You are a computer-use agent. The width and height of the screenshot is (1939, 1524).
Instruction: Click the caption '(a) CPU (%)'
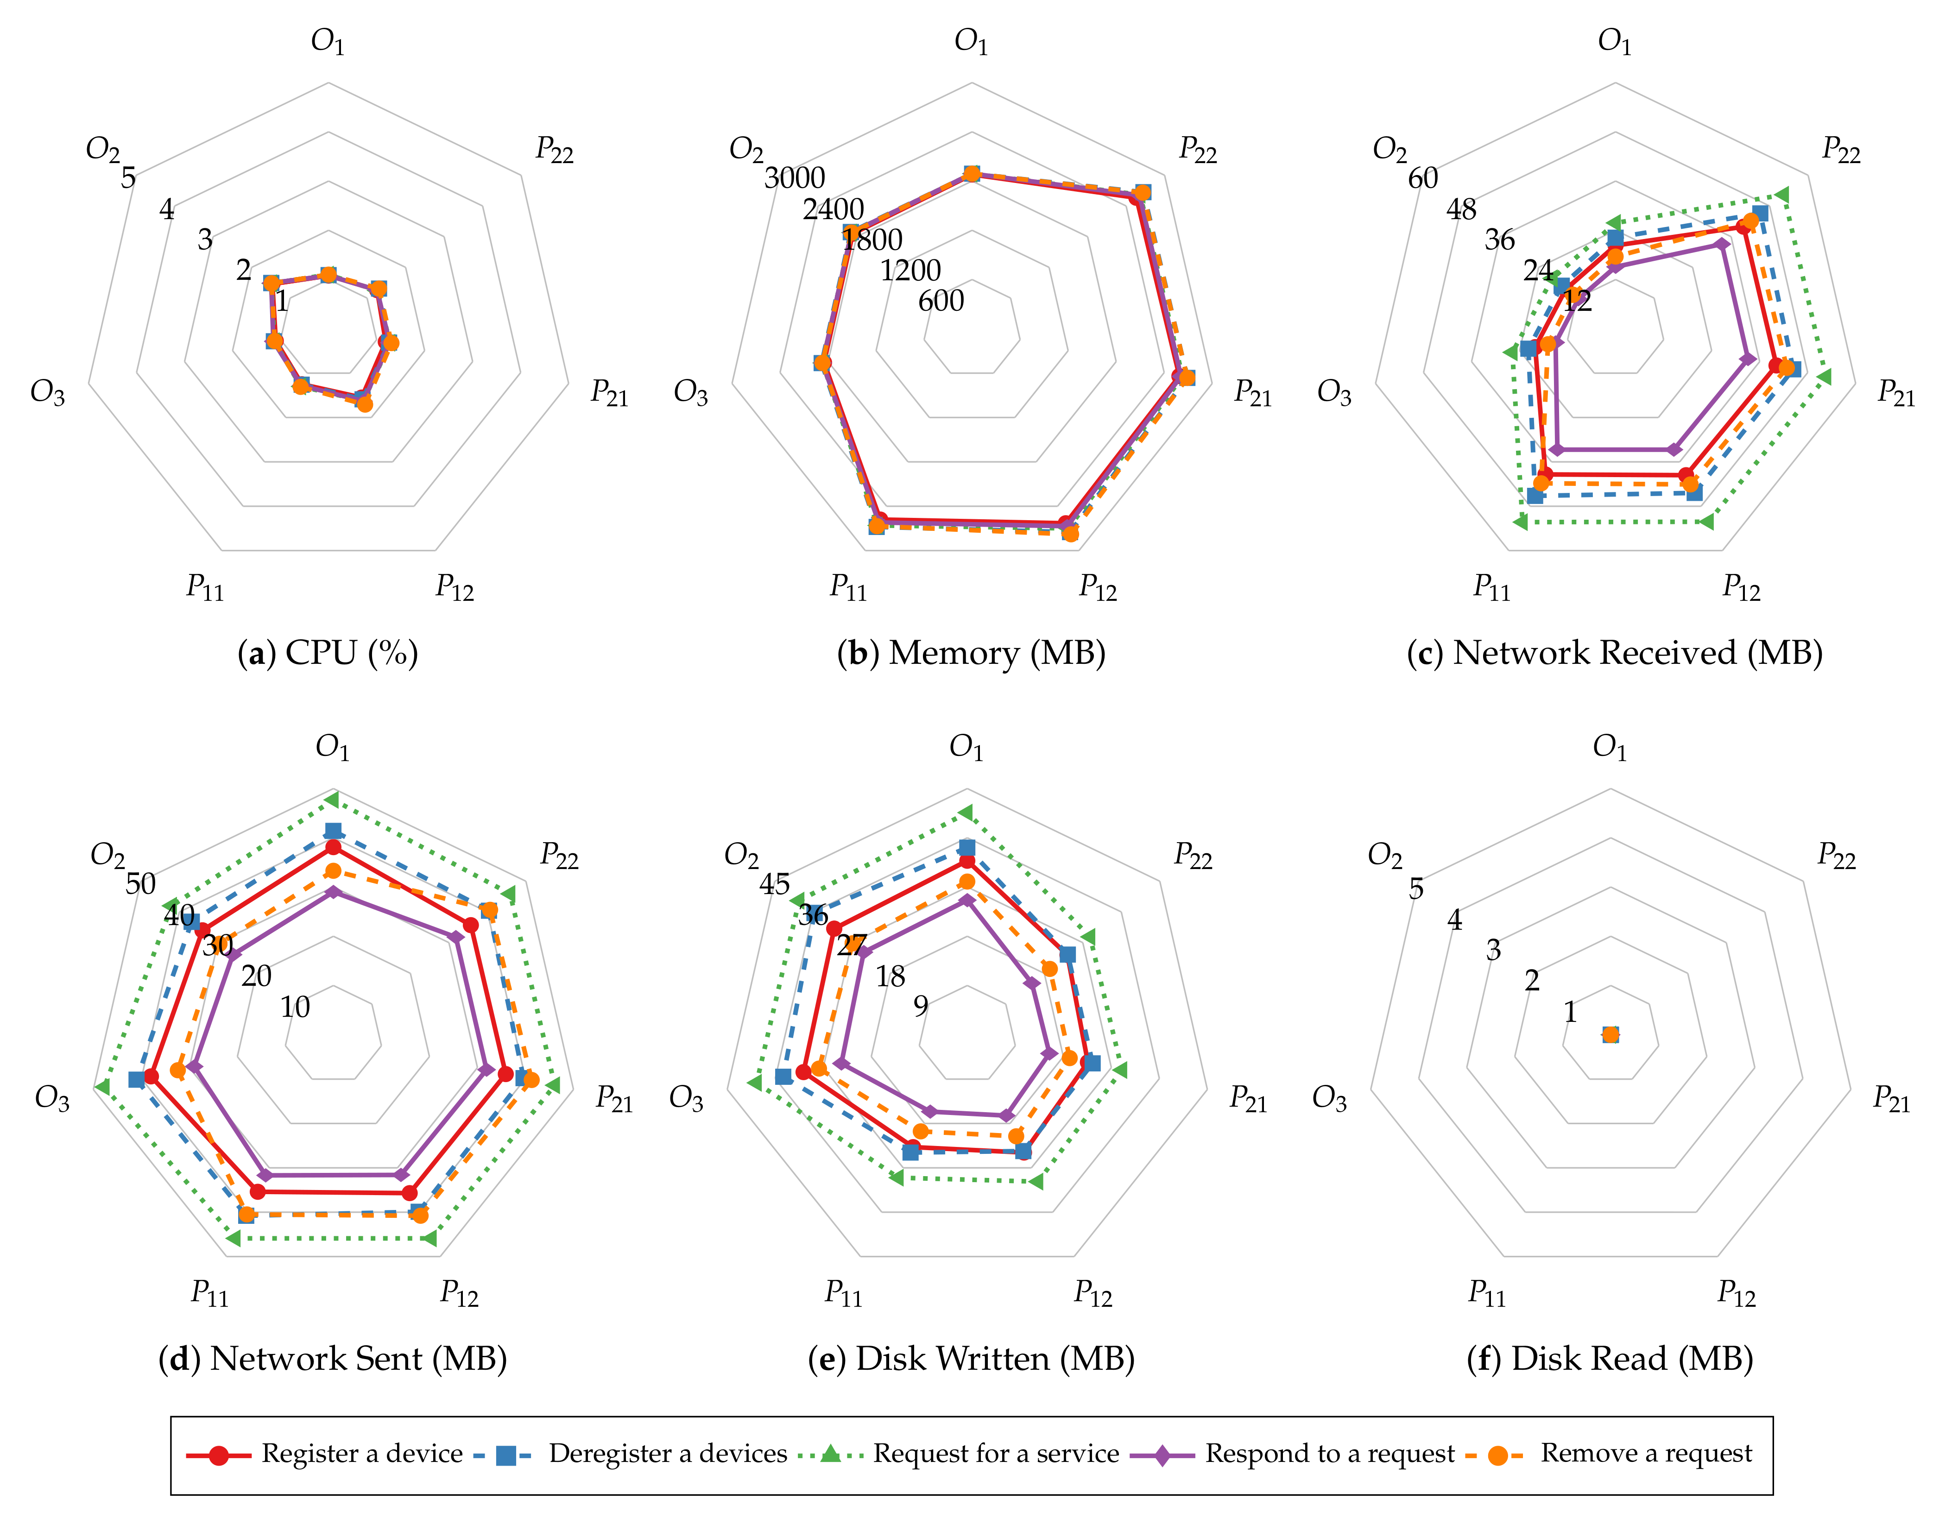coord(328,653)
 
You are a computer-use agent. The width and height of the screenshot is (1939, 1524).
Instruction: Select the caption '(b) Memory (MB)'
coord(971,653)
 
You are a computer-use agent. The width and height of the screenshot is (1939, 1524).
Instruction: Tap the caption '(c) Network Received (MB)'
coord(1614,653)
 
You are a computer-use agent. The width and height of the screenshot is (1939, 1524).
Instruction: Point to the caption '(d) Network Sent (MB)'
coord(332,1359)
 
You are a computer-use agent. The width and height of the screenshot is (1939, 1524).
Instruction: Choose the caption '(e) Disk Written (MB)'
coord(971,1359)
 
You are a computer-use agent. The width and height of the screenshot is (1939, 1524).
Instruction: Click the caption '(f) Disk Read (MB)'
coord(1610,1359)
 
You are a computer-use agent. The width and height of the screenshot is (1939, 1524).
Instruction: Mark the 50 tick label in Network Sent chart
coord(140,884)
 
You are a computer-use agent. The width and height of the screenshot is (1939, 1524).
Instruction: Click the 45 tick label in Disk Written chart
coord(775,884)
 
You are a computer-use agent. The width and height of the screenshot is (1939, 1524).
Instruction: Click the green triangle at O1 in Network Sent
coord(332,799)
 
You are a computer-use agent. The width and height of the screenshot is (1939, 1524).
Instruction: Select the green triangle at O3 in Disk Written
coord(754,1083)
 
